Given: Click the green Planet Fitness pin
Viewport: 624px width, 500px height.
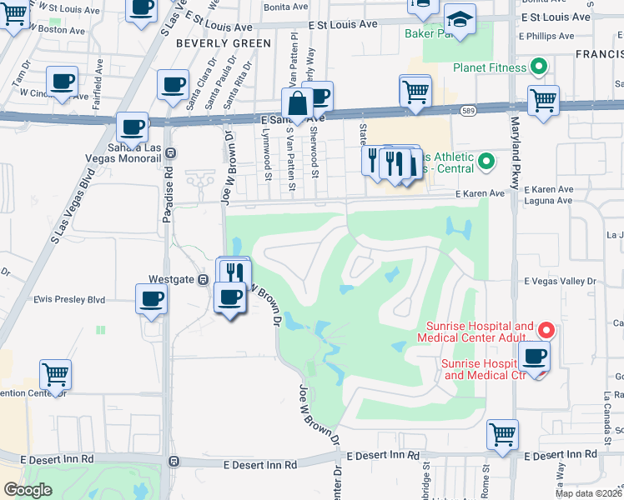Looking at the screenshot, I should point(538,67).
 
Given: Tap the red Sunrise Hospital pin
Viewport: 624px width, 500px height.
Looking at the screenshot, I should point(545,330).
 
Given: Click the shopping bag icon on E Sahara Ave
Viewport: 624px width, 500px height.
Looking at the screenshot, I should point(297,105).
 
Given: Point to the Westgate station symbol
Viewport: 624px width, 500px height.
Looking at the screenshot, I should point(203,279).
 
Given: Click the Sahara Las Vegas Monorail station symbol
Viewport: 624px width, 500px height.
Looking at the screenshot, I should point(170,152).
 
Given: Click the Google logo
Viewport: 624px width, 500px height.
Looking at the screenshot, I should point(28,489).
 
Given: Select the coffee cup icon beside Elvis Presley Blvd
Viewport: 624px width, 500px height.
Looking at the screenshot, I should point(152,298).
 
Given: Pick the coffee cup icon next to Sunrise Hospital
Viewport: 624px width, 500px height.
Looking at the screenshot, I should point(534,357).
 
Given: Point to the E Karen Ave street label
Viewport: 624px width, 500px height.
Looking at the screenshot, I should point(481,193).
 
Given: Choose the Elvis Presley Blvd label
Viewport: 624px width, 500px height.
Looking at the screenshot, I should point(70,299).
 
